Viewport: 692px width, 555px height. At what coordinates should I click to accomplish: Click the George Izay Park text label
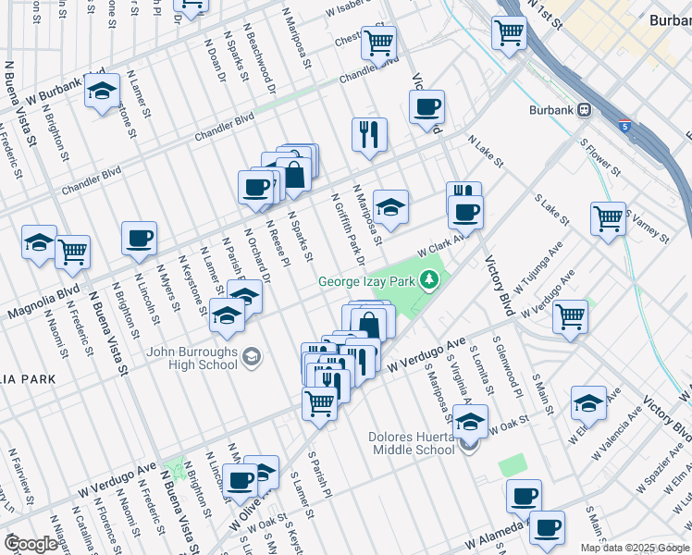click(367, 281)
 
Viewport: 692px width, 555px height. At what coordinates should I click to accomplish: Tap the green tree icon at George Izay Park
click(428, 278)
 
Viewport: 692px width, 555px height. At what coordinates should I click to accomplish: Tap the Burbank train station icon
click(585, 110)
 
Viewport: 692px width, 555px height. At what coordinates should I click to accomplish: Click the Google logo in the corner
click(31, 543)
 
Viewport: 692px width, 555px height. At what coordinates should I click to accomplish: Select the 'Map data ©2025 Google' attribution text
click(634, 548)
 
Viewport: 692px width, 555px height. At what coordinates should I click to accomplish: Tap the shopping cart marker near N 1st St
click(509, 32)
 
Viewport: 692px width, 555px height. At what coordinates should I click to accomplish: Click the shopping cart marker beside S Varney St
click(608, 219)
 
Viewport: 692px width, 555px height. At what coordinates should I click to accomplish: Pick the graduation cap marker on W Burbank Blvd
click(102, 92)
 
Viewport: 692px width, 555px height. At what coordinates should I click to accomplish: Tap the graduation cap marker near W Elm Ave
click(588, 402)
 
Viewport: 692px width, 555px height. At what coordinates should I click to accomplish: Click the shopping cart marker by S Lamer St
click(319, 402)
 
